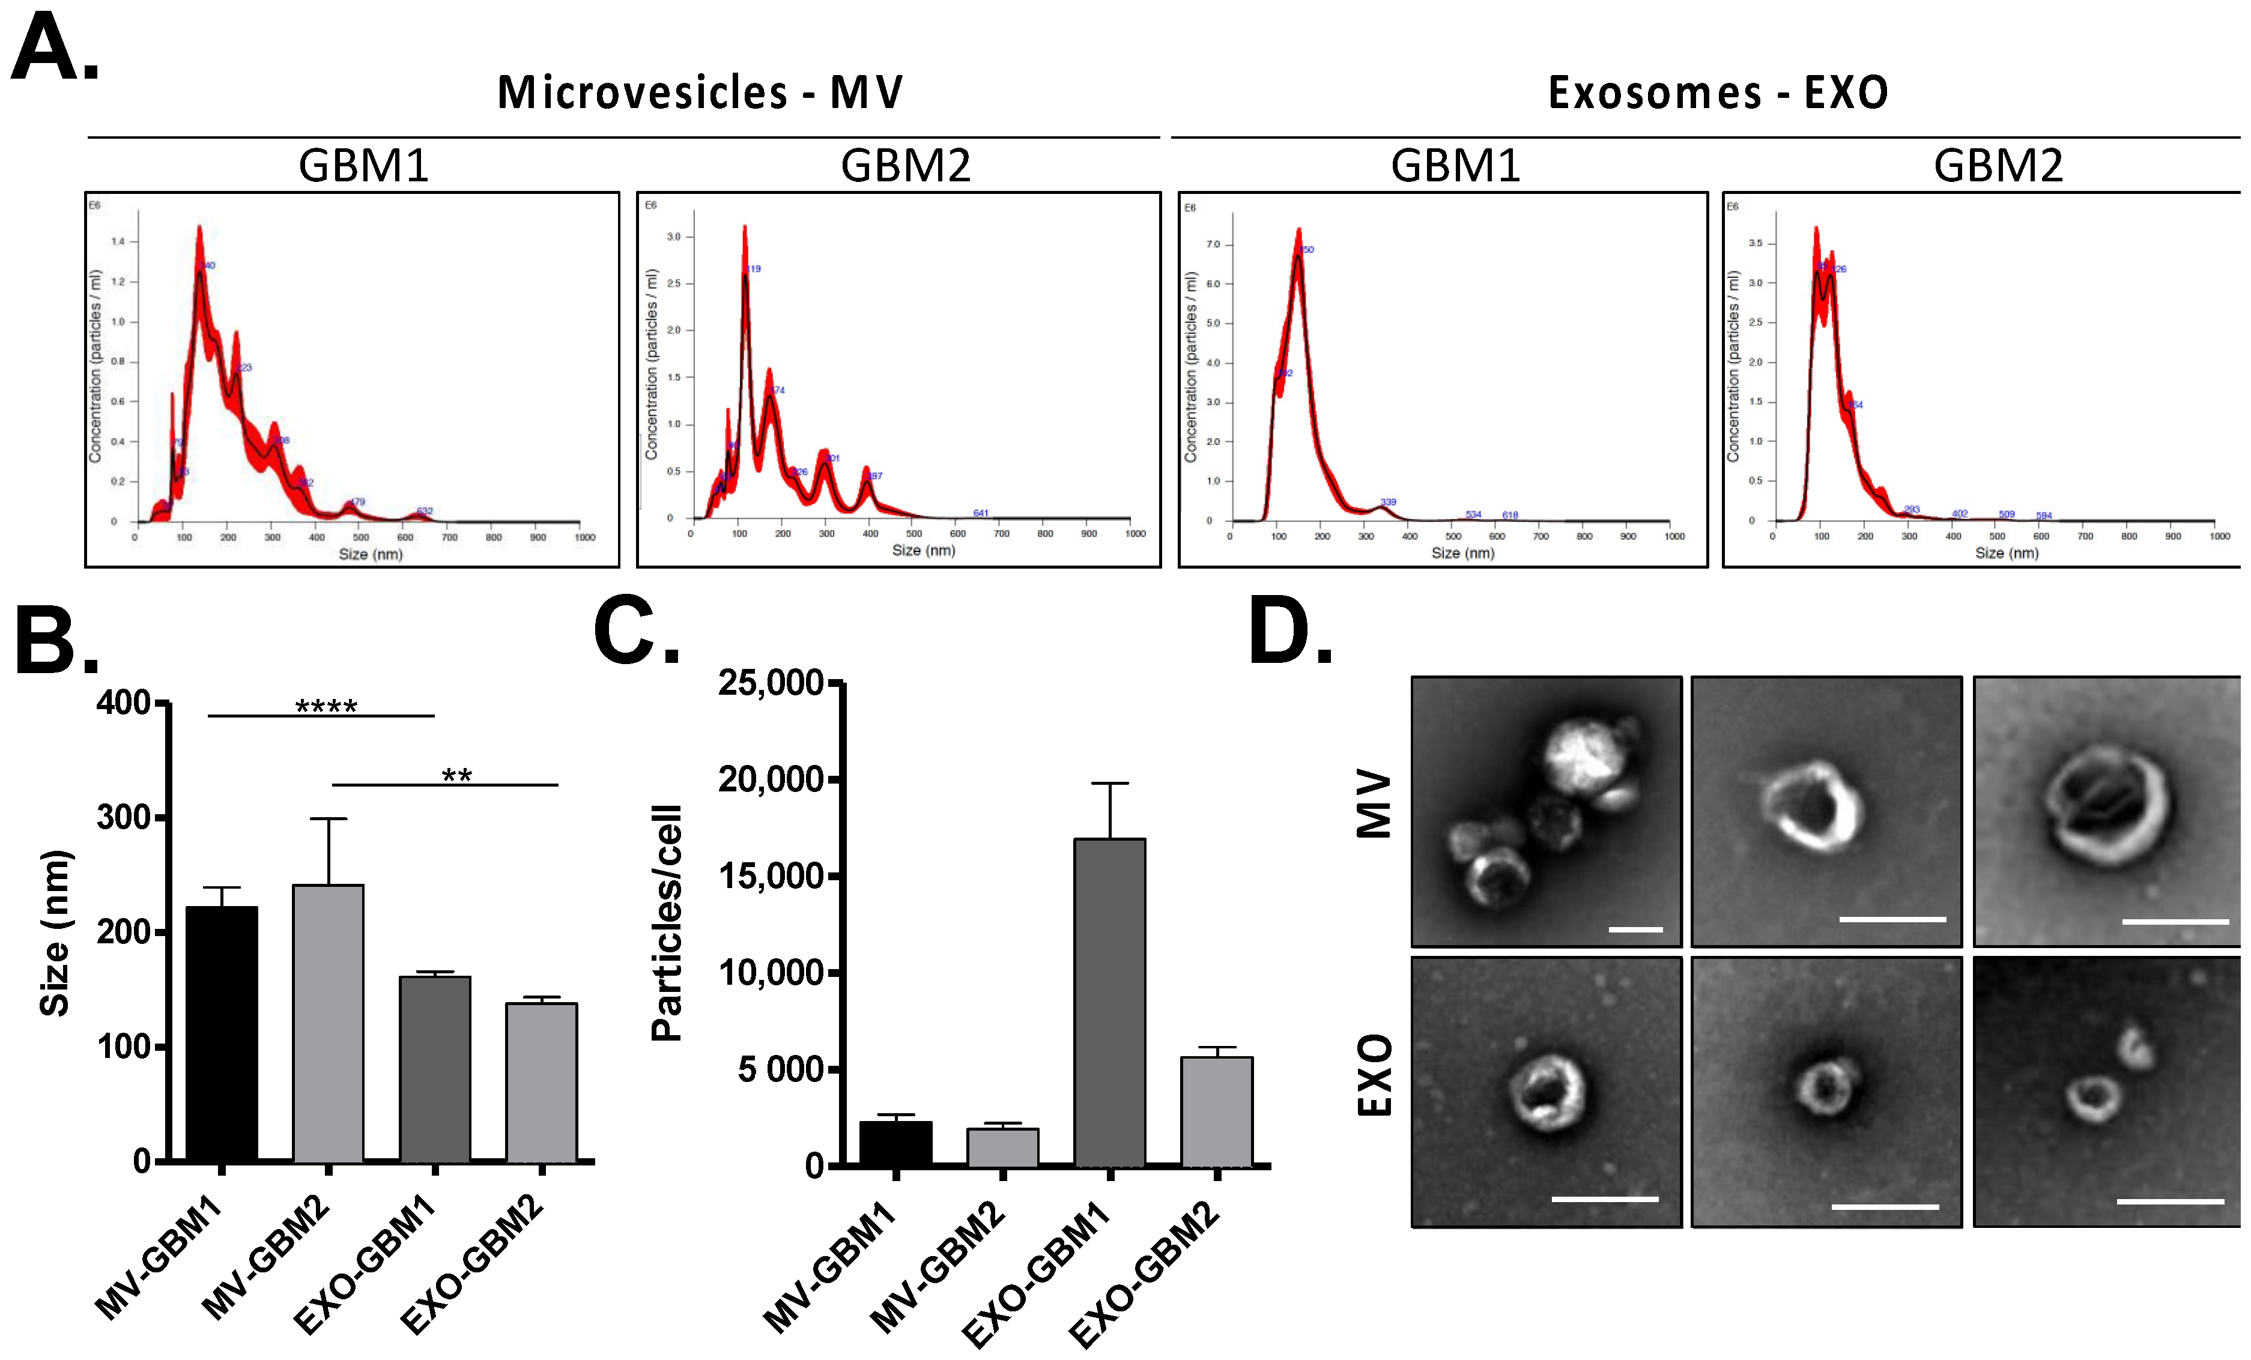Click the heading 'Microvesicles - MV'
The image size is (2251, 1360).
(x=700, y=93)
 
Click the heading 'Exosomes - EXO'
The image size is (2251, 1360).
(x=1718, y=93)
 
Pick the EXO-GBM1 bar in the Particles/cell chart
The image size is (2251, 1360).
(x=1110, y=1001)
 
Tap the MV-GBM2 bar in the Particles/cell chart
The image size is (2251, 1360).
(x=1003, y=1146)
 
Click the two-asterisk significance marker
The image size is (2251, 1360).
(x=457, y=776)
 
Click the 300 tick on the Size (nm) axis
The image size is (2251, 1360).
(x=123, y=817)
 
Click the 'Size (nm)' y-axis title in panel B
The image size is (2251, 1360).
(x=55, y=932)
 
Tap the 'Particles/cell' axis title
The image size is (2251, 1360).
(x=667, y=922)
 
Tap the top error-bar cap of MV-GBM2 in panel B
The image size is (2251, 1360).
(x=328, y=818)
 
